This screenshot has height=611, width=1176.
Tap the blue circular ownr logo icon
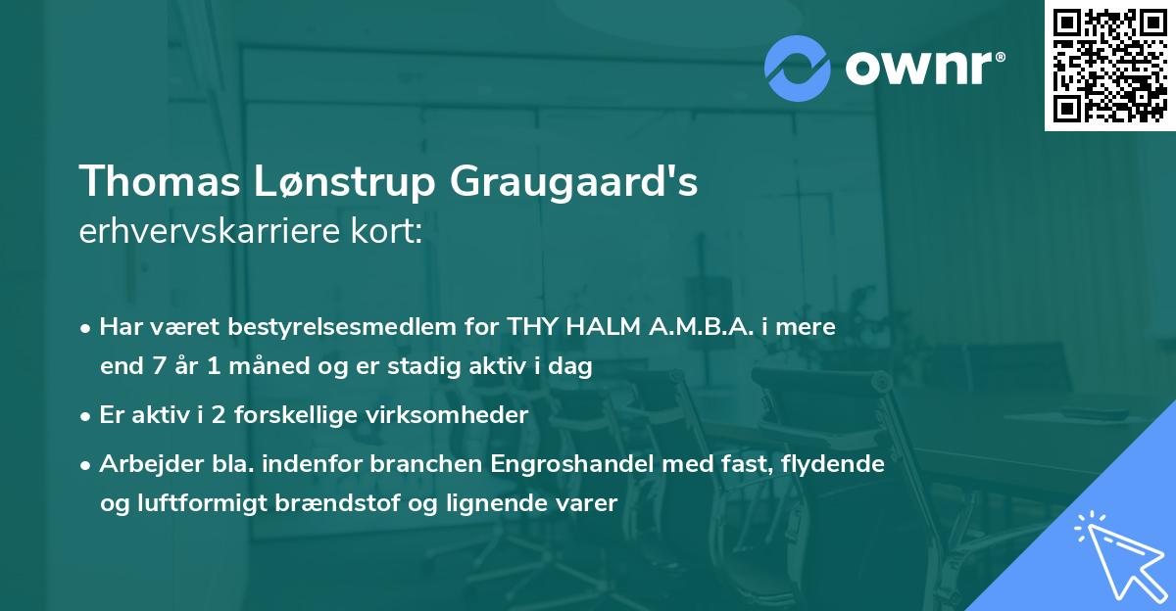(799, 67)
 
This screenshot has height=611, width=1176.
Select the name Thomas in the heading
(158, 182)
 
